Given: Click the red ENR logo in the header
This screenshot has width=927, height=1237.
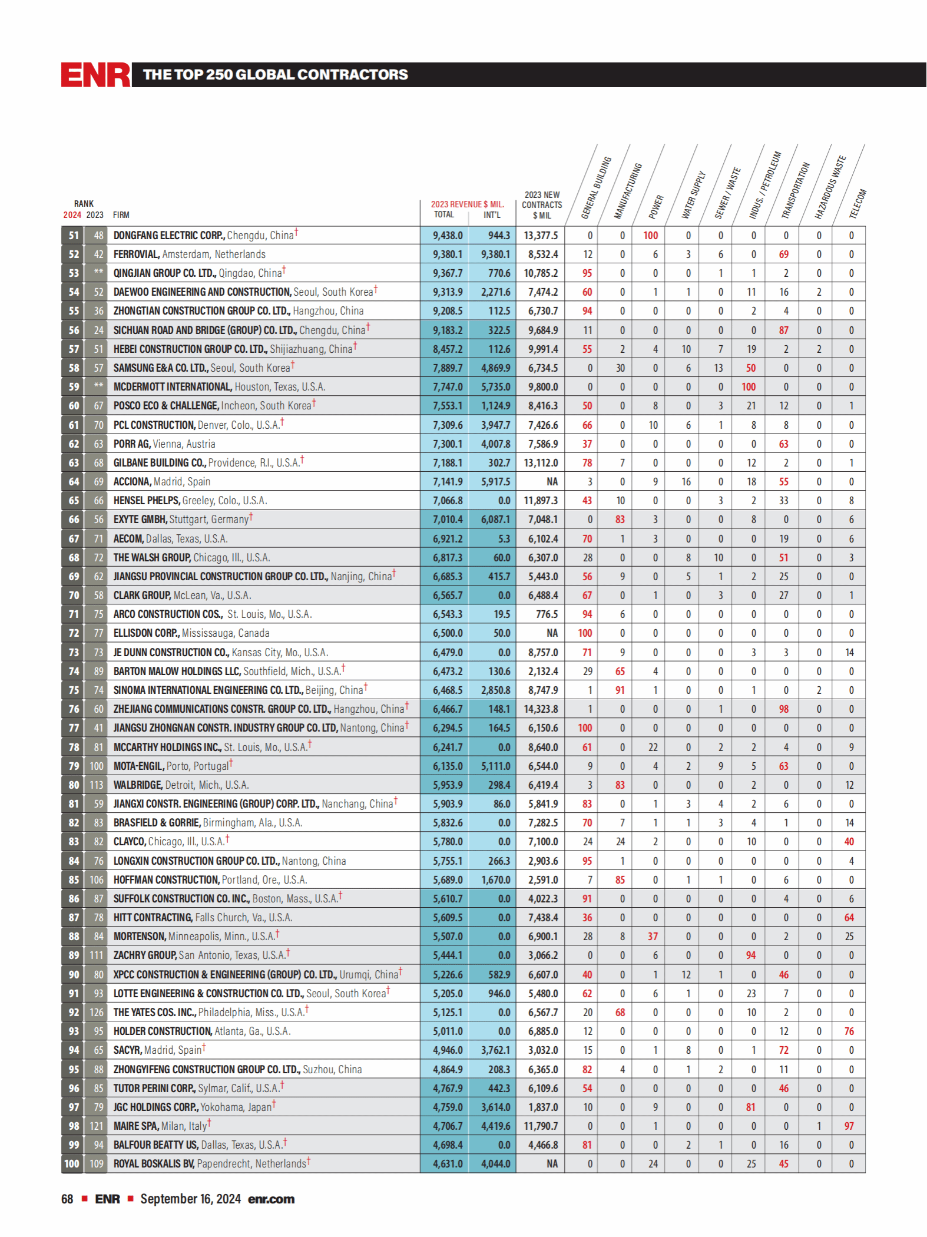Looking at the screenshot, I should [95, 75].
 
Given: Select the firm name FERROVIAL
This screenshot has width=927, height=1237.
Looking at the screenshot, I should [136, 254].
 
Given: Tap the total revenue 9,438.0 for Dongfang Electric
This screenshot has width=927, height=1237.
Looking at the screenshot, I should [448, 236].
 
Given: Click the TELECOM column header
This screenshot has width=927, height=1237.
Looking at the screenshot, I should [858, 203].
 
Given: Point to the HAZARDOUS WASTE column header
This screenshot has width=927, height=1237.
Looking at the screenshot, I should [830, 187].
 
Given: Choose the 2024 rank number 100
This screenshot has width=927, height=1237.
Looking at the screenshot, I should [72, 1164].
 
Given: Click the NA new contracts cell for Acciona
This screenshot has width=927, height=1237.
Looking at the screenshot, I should [552, 482].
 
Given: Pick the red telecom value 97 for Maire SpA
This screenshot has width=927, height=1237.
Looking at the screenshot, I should [849, 1126].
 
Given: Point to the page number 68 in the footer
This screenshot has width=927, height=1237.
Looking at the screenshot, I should [67, 1199].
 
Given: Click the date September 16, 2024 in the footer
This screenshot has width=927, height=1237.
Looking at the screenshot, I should [190, 1199].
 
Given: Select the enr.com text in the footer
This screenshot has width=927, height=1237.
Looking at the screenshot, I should [271, 1199].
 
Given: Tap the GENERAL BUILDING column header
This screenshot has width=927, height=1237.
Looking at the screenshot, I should [596, 187].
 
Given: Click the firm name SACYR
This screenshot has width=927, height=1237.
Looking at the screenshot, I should [127, 1050].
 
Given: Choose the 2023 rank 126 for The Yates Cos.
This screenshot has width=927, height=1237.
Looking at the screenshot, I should [96, 1013].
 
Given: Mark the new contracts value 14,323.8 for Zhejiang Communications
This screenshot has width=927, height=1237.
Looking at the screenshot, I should [541, 709].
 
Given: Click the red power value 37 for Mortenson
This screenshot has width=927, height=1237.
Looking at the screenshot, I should [653, 937].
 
